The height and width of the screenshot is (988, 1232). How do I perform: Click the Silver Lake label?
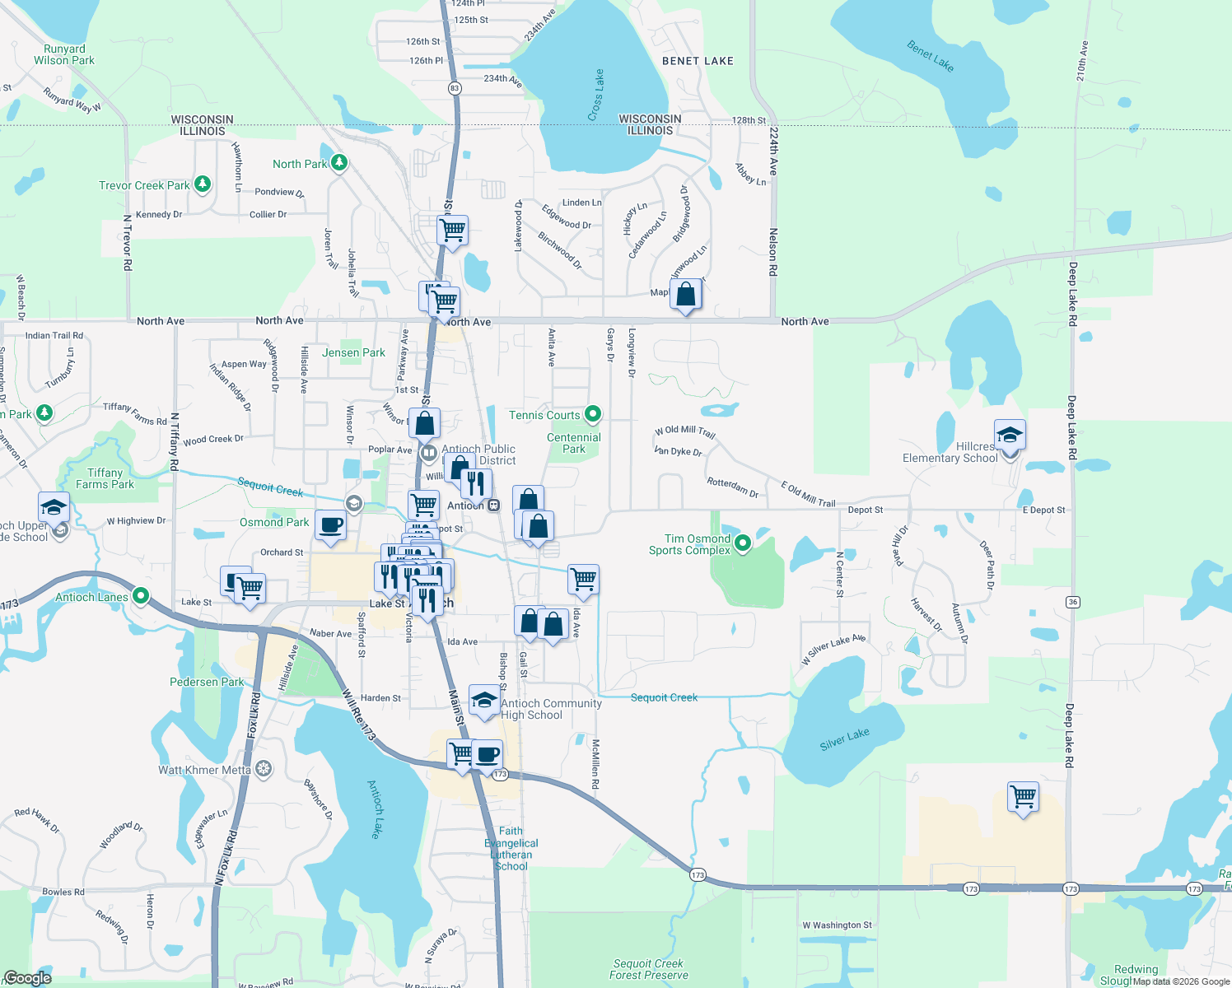click(844, 739)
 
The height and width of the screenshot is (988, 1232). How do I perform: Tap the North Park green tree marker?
click(338, 163)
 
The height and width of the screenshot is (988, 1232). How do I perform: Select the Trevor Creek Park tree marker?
click(202, 184)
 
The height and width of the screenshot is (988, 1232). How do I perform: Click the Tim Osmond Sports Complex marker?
click(743, 543)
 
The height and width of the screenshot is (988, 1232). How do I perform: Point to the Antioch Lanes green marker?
click(141, 595)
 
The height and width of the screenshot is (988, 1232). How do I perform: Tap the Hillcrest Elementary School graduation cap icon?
click(1010, 434)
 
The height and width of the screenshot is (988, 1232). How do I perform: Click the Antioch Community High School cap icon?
click(484, 700)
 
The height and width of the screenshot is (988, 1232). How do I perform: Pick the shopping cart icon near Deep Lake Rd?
click(1023, 796)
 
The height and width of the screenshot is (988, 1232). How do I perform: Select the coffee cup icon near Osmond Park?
click(331, 524)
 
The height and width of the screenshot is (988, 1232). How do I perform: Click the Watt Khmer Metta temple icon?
click(263, 769)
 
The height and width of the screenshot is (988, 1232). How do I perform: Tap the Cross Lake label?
click(596, 96)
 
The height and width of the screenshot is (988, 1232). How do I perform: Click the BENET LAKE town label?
click(698, 61)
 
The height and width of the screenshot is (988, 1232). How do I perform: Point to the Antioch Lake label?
click(375, 809)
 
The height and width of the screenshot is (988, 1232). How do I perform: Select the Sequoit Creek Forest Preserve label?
click(648, 969)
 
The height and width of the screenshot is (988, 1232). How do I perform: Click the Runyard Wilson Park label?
click(64, 54)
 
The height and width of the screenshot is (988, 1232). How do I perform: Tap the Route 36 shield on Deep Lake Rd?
click(1072, 602)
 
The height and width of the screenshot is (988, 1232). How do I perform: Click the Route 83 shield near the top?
click(455, 88)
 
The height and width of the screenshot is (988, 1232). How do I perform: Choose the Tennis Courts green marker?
click(592, 414)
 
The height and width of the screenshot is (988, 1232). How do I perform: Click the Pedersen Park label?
click(207, 682)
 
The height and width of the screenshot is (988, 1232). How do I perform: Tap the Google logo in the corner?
click(28, 978)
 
